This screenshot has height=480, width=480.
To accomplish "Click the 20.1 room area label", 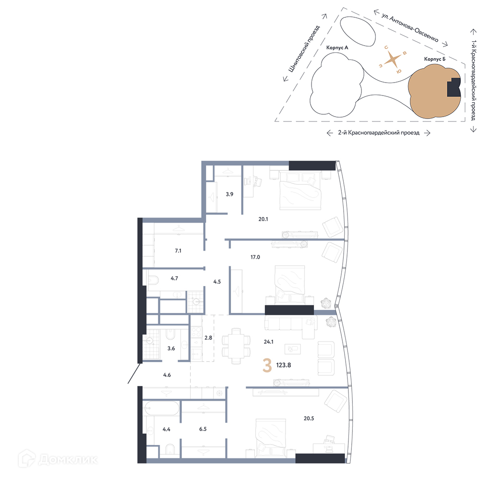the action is point(263,219).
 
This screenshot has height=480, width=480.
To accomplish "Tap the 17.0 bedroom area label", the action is point(255,257).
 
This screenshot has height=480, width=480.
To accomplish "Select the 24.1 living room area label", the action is point(268,342).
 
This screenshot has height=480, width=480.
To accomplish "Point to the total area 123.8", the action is point(284,365).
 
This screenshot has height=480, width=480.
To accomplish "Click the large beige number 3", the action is point(267,365).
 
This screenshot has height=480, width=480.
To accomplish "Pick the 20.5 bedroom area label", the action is point(309,418).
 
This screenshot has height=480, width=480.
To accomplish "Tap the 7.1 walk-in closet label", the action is point(178,251).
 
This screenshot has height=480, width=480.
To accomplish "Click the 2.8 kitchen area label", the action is point(208,337).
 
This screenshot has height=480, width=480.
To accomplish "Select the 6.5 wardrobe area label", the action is point(203,429).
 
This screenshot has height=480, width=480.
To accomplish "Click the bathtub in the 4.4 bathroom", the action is point(161,408).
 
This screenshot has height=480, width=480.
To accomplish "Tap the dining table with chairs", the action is point(236,346).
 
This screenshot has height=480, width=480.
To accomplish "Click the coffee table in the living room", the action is point(293,348).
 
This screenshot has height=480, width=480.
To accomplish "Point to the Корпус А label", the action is point(337,48).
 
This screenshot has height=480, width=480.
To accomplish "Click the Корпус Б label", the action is point(435,59).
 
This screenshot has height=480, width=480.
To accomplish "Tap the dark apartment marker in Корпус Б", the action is point(454,87).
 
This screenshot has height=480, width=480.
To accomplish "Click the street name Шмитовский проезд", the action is point(304,48).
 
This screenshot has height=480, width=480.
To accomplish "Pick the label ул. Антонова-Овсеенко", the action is point(410,27).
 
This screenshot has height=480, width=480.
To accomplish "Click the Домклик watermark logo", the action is point(58,459).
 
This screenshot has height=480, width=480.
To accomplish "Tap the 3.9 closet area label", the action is point(229,194).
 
